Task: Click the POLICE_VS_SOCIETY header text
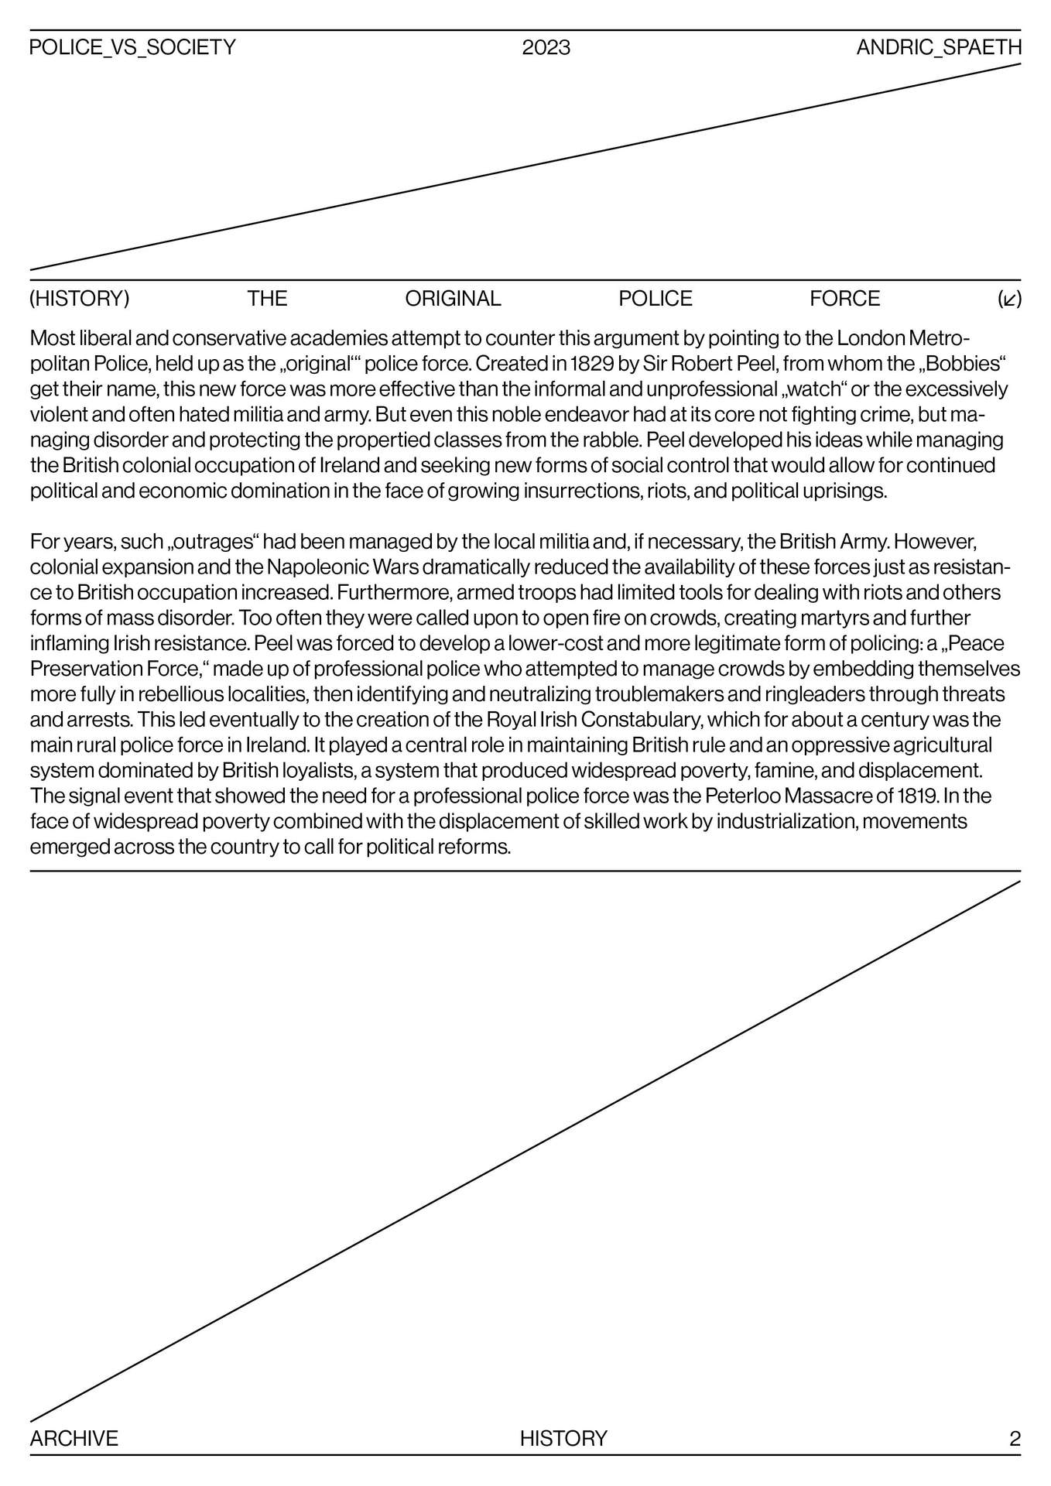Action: click(132, 48)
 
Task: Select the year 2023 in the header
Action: click(546, 48)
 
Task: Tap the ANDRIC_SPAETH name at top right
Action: click(939, 48)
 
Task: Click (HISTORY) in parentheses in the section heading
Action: click(80, 299)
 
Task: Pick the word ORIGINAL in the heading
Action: click(453, 299)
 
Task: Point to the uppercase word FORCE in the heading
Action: click(844, 299)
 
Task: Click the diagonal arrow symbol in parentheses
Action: click(1009, 300)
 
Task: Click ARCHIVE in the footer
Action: click(74, 1438)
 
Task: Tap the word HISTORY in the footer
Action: click(563, 1438)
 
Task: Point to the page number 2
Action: click(1015, 1438)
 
